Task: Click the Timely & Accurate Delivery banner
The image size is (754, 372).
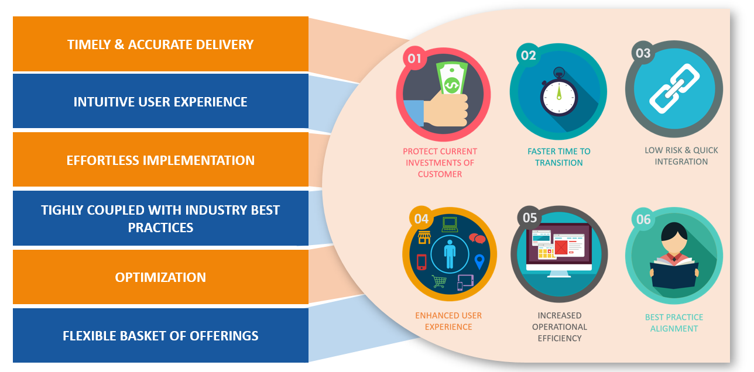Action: (x=160, y=44)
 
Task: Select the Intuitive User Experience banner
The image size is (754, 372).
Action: (x=160, y=102)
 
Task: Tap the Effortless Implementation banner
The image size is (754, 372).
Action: (x=160, y=160)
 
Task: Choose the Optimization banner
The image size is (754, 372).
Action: (x=160, y=277)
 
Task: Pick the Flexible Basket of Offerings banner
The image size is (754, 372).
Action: (x=160, y=336)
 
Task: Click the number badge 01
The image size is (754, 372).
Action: (x=414, y=58)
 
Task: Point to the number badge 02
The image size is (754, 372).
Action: (x=528, y=56)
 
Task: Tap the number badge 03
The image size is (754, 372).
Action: (x=643, y=54)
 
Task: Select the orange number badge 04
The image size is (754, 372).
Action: (x=421, y=219)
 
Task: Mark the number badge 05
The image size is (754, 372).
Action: (x=530, y=218)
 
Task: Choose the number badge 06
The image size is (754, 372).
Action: (x=643, y=220)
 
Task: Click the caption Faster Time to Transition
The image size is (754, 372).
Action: (x=559, y=157)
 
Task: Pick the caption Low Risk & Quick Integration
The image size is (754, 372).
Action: (x=681, y=156)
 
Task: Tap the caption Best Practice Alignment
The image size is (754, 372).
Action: (x=674, y=323)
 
